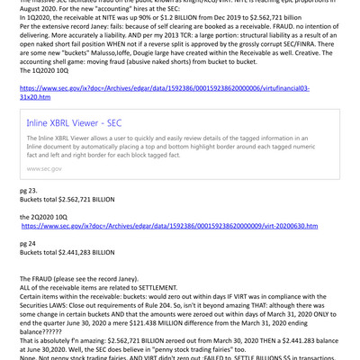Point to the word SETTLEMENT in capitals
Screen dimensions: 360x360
(x=158, y=289)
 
